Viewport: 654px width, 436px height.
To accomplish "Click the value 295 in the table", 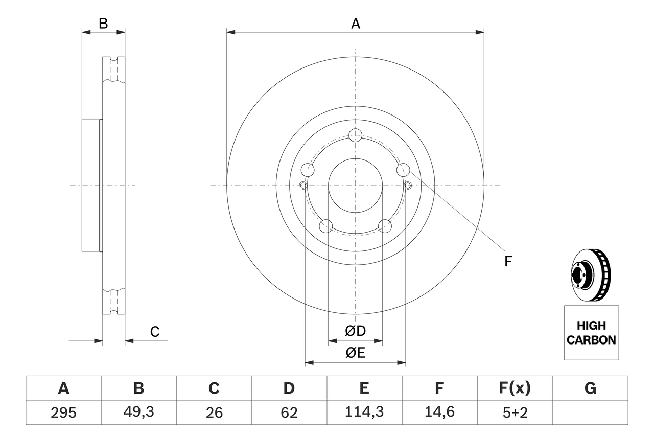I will pos(64,412).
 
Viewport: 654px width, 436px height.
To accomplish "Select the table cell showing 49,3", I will pos(138,412).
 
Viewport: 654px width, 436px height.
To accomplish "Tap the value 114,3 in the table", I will pos(364,412).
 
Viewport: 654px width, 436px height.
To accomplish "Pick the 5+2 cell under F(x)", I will pos(515,412).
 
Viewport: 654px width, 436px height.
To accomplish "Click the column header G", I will pos(590,388).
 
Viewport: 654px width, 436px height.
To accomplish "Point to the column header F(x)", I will pos(515,388).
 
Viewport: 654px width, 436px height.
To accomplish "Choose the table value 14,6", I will pos(439,412).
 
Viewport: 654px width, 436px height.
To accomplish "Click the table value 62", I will pos(289,412).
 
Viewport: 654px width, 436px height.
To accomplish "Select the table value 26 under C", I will pos(214,412).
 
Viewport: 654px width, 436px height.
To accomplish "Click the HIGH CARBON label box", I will pos(591,333).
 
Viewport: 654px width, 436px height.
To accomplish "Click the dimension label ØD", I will pos(356,331).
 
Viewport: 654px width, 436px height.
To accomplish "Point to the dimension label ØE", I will pos(356,353).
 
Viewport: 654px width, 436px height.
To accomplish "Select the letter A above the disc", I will pos(356,24).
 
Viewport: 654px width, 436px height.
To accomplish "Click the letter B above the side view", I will pos(103,24).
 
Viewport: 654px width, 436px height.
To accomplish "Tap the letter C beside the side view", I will pos(155,332).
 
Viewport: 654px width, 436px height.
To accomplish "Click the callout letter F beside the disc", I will pos(508,262).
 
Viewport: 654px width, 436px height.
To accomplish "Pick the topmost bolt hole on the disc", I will pos(355,135).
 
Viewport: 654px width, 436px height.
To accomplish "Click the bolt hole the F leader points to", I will pos(403,169).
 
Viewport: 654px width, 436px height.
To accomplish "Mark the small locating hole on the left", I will pos(302,185).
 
